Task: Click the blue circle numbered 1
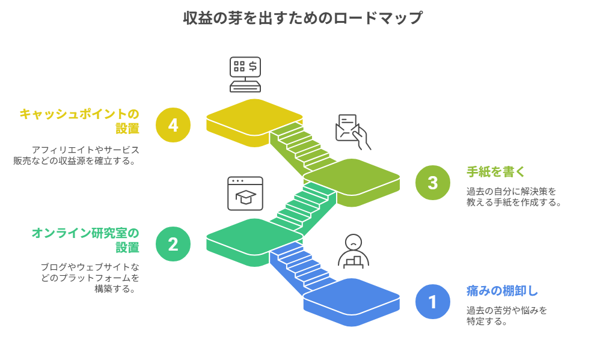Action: point(433,301)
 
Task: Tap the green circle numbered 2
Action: point(173,244)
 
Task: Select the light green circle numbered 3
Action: point(433,182)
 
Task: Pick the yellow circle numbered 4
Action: point(173,125)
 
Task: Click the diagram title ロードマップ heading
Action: point(302,18)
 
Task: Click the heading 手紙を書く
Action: point(496,172)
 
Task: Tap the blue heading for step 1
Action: point(502,291)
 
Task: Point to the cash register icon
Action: point(245,74)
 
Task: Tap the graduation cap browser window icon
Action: point(245,193)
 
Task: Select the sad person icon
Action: point(354,251)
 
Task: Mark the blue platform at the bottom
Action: point(351,299)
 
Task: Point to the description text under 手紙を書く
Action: point(513,197)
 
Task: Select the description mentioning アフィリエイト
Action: point(76,155)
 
